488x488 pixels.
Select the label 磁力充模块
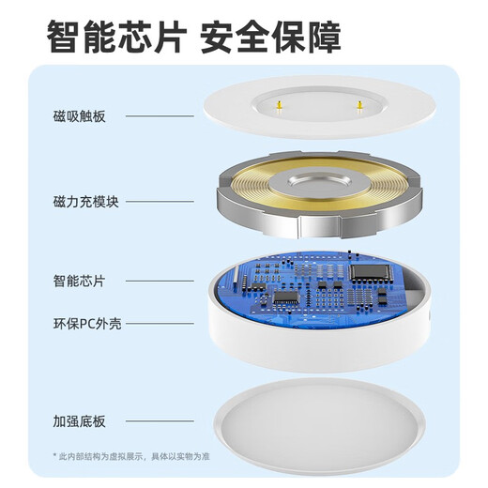pyautogui.click(x=84, y=201)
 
